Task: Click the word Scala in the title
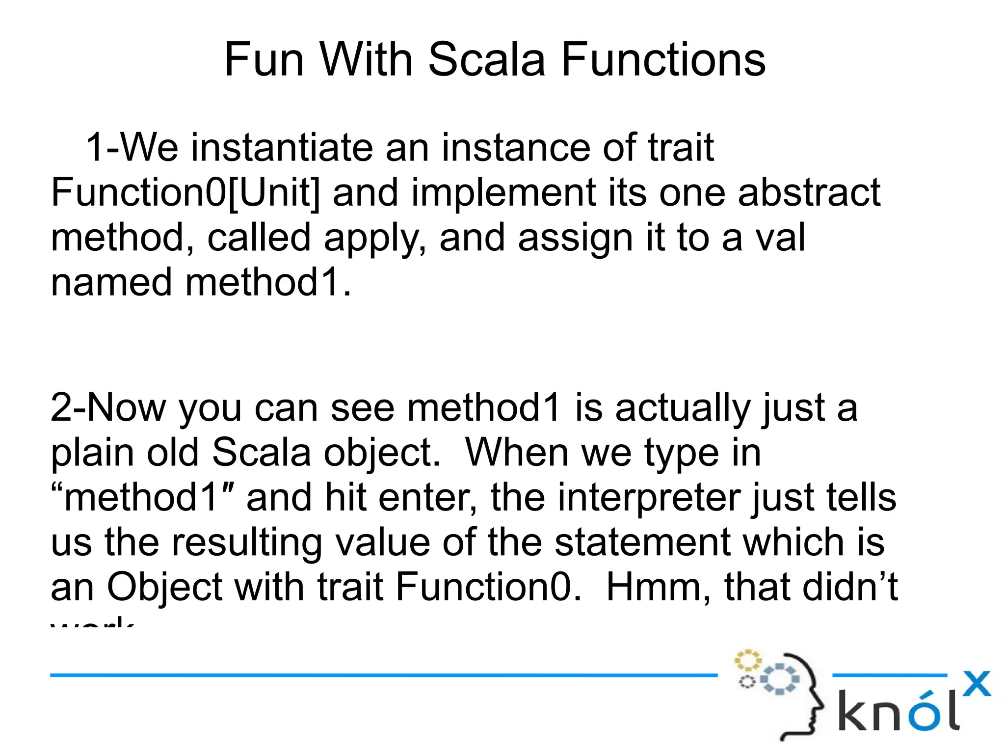tap(486, 59)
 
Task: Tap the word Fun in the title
tap(264, 59)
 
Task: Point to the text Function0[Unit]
tap(185, 192)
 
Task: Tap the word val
tap(780, 238)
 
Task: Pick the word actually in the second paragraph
tap(682, 407)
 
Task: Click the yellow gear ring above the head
tap(747, 660)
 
